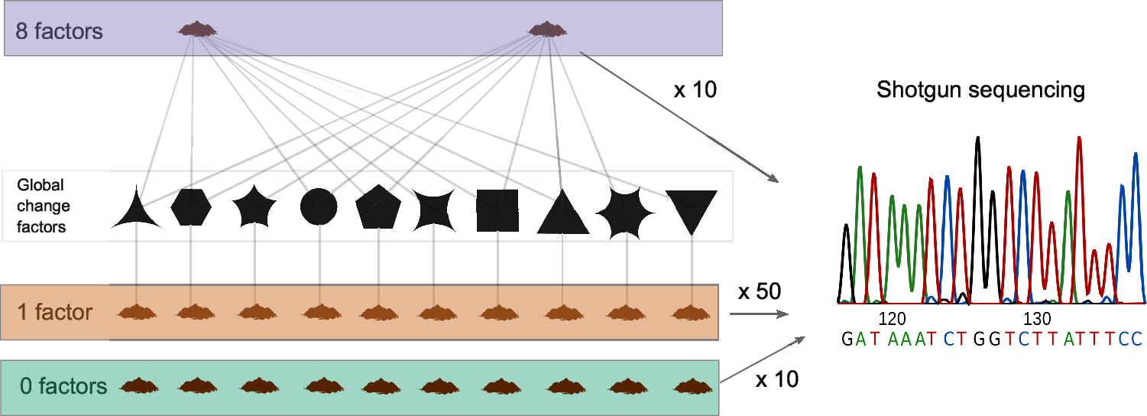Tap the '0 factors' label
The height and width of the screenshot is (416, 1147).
click(x=63, y=386)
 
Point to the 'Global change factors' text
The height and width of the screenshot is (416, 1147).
click(x=43, y=206)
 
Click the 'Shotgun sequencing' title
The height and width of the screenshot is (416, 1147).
click(x=980, y=89)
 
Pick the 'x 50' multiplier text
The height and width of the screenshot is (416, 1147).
click(x=759, y=293)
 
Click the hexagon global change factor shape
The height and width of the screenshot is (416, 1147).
click(x=190, y=206)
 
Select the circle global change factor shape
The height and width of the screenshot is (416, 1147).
click(x=319, y=206)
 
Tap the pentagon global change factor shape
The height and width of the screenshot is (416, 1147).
click(x=378, y=207)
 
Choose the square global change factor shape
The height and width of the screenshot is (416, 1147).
click(x=497, y=210)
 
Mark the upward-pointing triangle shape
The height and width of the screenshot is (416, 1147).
click(x=563, y=213)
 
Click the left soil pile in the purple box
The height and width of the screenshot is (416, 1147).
click(x=196, y=30)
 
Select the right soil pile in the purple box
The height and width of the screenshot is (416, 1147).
click(x=547, y=30)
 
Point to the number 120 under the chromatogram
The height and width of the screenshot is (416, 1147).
click(x=892, y=318)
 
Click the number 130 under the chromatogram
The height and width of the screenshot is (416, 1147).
click(x=1037, y=318)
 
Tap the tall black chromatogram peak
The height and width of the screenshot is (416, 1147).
click(x=977, y=214)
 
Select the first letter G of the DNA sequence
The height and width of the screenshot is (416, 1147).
click(x=847, y=339)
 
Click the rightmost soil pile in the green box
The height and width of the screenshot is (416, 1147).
click(x=692, y=385)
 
